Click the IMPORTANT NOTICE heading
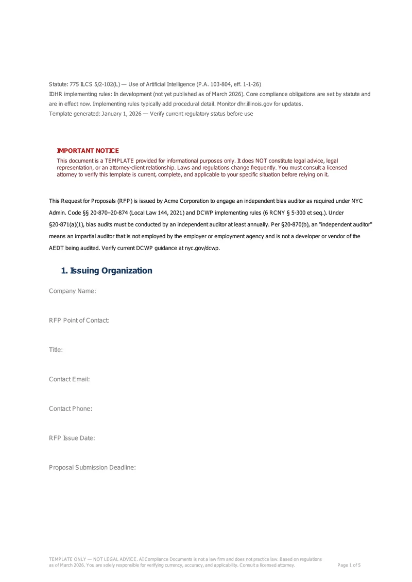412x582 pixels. click(x=88, y=150)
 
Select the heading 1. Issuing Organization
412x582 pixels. click(x=107, y=271)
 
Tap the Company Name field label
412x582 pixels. click(x=73, y=291)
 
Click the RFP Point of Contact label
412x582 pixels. click(x=79, y=321)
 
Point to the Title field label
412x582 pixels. click(x=56, y=350)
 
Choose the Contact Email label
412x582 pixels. click(x=70, y=379)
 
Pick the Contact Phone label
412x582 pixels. click(x=71, y=409)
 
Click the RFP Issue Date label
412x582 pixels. click(x=72, y=438)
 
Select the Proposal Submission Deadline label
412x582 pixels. click(x=92, y=467)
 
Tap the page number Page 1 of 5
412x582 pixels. click(x=349, y=565)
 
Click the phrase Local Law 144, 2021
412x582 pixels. click(x=159, y=213)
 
